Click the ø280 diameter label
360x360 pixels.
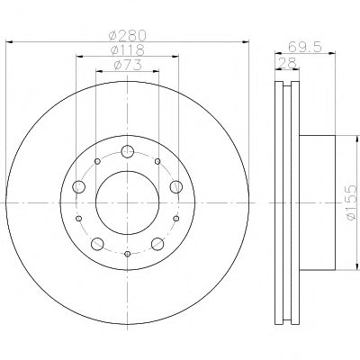coord(128,36)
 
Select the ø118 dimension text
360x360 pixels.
coord(128,50)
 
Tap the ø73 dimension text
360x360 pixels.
coord(128,65)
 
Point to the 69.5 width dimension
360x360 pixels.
coord(305,47)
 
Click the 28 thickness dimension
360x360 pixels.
coord(288,63)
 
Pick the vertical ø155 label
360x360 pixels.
coord(351,202)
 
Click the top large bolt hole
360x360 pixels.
coord(128,151)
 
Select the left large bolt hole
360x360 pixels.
coord(79,187)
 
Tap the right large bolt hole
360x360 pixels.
coord(176,187)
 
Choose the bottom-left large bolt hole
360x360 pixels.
coord(97,244)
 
